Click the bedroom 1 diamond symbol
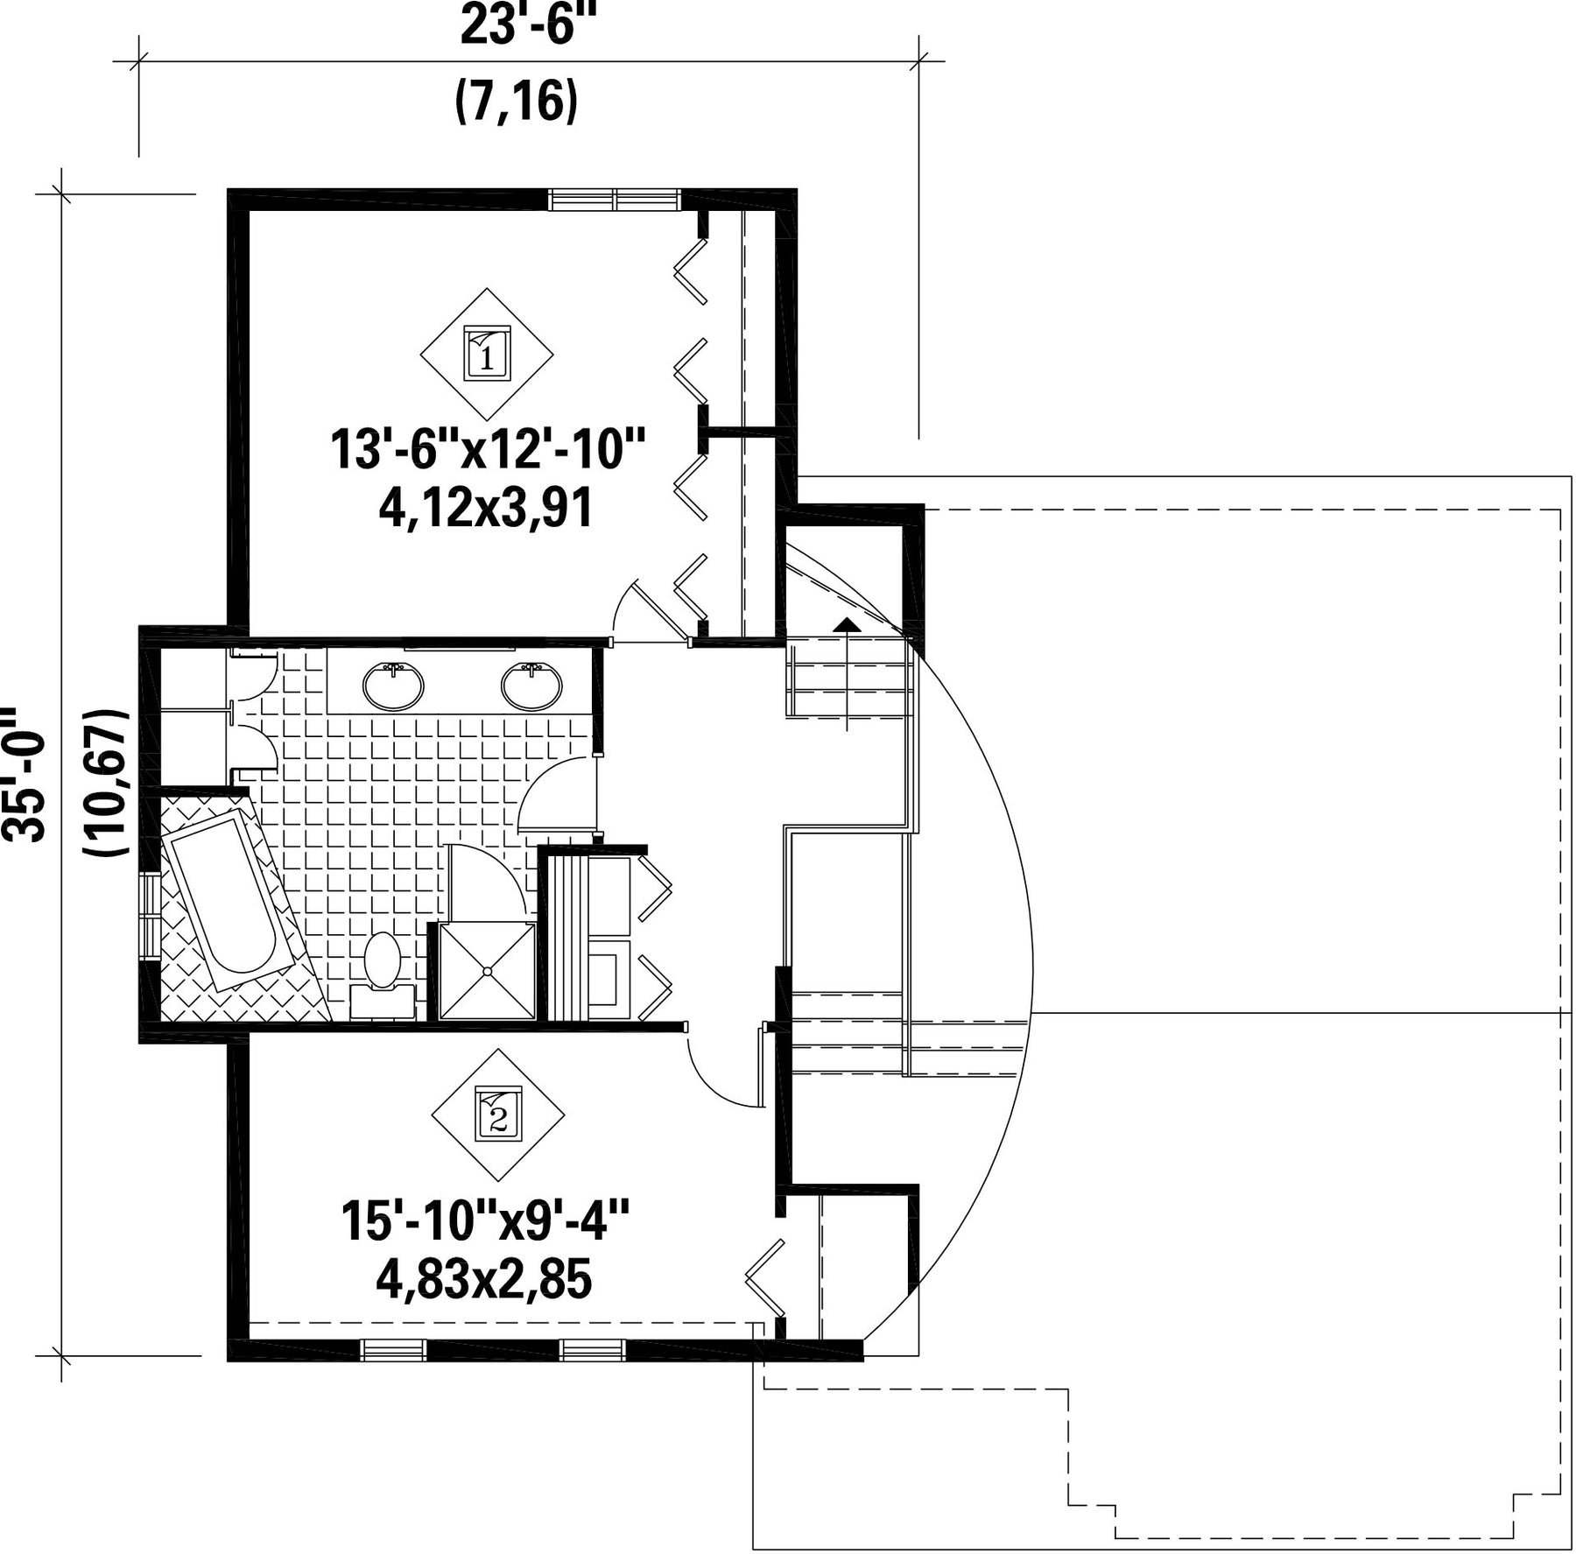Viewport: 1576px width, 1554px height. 487,354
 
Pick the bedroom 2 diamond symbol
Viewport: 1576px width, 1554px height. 498,1115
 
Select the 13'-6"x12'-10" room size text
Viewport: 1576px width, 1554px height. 488,450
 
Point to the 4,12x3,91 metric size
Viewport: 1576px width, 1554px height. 486,508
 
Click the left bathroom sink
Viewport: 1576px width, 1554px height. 393,686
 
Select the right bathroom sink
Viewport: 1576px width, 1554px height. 531,686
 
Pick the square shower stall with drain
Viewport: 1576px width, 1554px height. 487,971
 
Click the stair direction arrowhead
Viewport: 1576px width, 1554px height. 847,624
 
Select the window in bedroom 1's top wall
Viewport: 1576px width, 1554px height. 615,200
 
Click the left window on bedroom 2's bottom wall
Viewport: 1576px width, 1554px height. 393,1350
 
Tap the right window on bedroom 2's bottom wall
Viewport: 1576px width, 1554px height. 593,1350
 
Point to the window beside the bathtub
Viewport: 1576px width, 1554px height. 150,917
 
